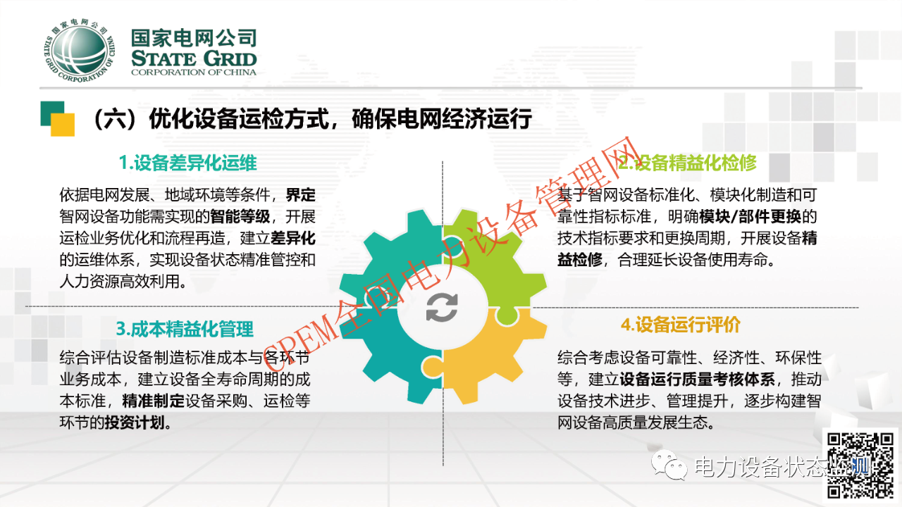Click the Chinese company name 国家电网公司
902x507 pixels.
[194, 38]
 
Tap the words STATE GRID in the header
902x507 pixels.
[194, 58]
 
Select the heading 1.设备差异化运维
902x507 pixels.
[187, 164]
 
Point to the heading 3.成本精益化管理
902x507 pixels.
[185, 329]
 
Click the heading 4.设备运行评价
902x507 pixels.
[680, 325]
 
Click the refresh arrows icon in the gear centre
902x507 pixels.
[443, 307]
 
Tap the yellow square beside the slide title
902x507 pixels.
[62, 125]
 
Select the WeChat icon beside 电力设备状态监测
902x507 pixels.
[669, 466]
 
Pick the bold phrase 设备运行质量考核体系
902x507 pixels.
[697, 380]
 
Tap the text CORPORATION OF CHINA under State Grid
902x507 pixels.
[194, 72]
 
